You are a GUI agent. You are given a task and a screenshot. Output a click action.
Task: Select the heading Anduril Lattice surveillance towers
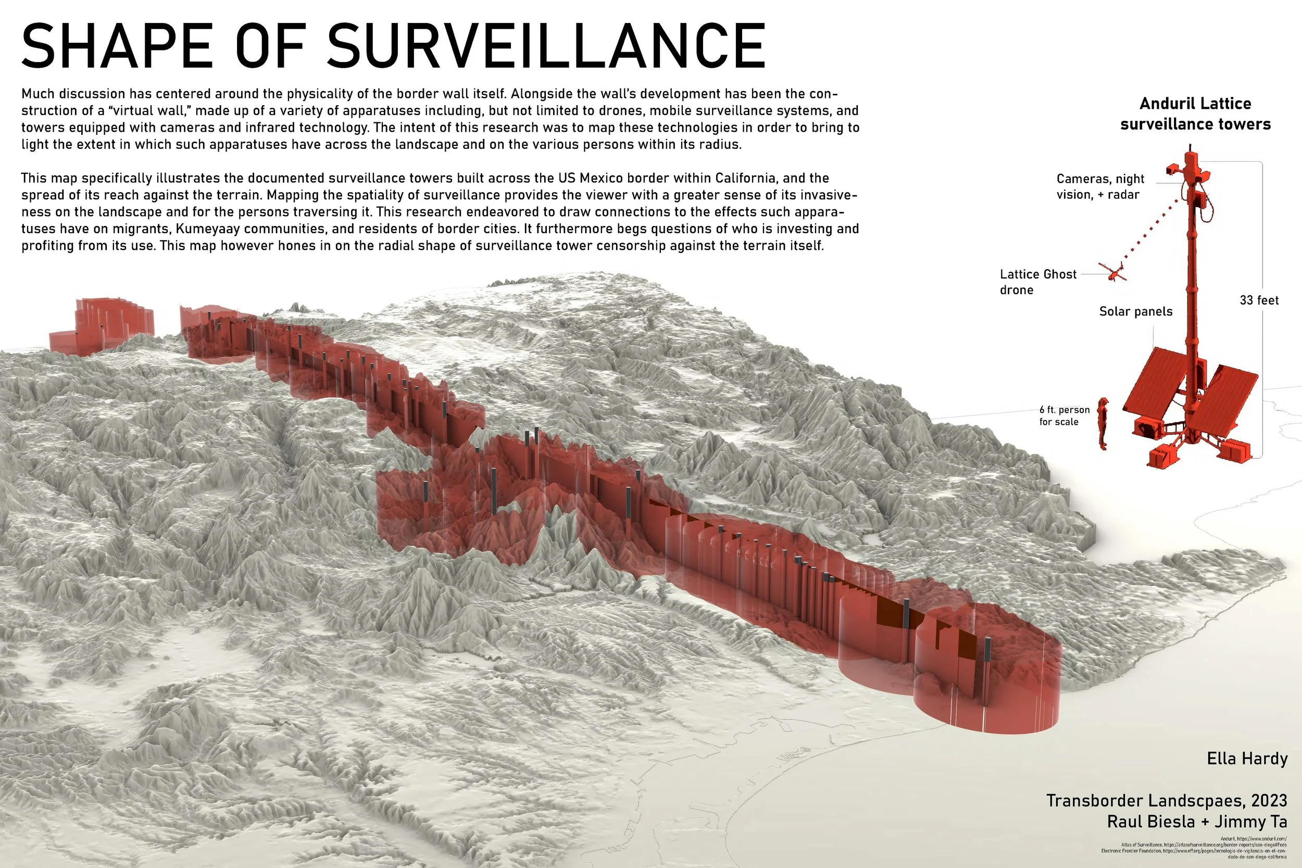1195,114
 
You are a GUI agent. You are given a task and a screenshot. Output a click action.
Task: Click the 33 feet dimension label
1259,300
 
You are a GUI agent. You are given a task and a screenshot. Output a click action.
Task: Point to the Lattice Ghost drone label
1037,282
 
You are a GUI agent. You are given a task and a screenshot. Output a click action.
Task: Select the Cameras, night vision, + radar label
1100,186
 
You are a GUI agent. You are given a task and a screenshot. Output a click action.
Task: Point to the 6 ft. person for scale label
1064,416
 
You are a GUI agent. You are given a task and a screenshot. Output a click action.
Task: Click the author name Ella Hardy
1247,758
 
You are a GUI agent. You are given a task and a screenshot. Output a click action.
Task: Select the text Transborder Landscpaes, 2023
1167,800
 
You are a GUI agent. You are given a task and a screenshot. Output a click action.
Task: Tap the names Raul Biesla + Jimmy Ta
1197,822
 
